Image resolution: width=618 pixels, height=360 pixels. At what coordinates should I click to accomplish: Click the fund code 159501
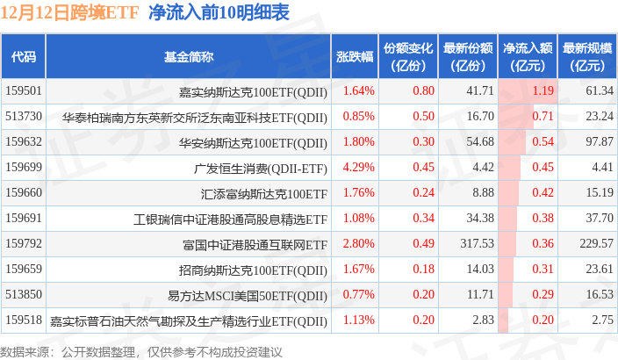pyautogui.click(x=24, y=90)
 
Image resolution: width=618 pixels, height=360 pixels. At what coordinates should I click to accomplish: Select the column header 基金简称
pyautogui.click(x=189, y=56)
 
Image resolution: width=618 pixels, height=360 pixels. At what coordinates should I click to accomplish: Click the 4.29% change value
pyautogui.click(x=359, y=167)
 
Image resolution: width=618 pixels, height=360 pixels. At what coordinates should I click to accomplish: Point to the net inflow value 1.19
pyautogui.click(x=543, y=90)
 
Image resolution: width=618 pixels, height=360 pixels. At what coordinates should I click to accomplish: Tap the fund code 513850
pyautogui.click(x=24, y=294)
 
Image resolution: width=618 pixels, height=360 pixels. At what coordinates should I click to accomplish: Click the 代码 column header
pyautogui.click(x=24, y=56)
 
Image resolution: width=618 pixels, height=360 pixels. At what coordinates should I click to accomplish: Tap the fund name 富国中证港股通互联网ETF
pyautogui.click(x=255, y=243)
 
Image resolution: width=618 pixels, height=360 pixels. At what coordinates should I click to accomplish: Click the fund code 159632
pyautogui.click(x=24, y=141)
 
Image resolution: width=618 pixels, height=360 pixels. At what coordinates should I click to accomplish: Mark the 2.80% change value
pyautogui.click(x=359, y=243)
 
